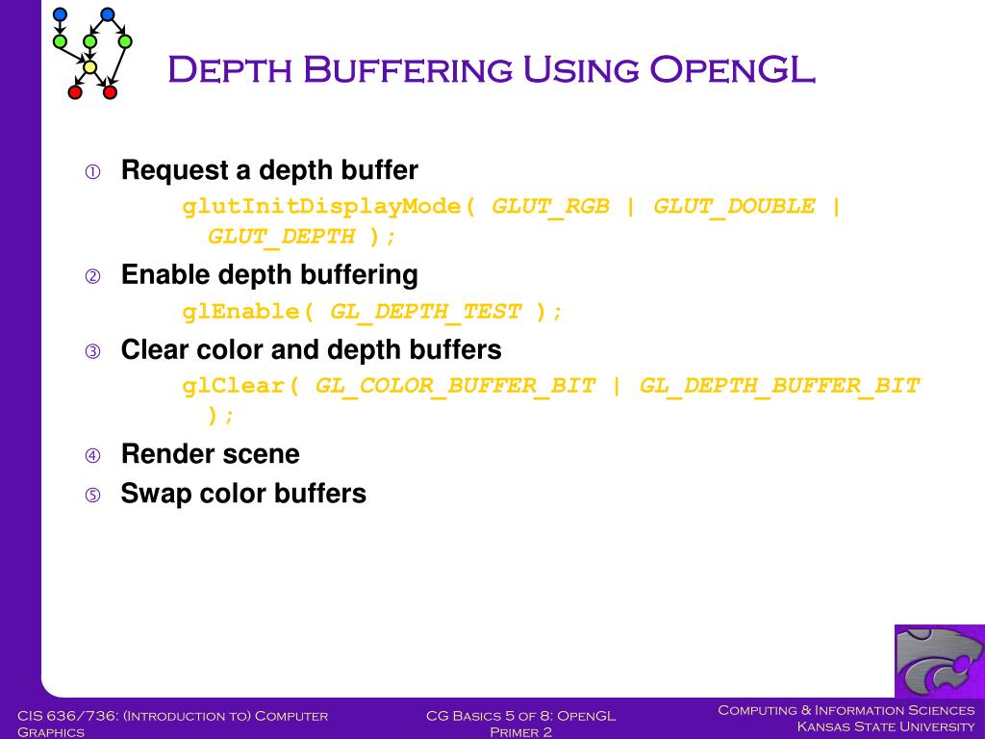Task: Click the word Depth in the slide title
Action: pyautogui.click(x=227, y=70)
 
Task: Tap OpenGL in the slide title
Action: pyautogui.click(x=732, y=70)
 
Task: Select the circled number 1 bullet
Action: pyautogui.click(x=92, y=172)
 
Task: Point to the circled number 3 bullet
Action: pyautogui.click(x=92, y=351)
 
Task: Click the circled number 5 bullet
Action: pyautogui.click(x=92, y=497)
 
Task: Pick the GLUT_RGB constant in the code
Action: pyautogui.click(x=550, y=207)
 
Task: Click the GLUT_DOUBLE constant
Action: pyautogui.click(x=733, y=207)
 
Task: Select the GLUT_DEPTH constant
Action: pyautogui.click(x=281, y=237)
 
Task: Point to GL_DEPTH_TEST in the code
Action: pyautogui.click(x=425, y=312)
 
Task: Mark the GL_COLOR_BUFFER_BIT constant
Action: pyautogui.click(x=455, y=386)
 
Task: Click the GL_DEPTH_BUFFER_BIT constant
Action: pyautogui.click(x=779, y=386)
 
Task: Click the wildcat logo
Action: pyautogui.click(x=939, y=661)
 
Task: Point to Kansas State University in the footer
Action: pyautogui.click(x=885, y=726)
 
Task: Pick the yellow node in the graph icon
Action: pyautogui.click(x=89, y=67)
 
